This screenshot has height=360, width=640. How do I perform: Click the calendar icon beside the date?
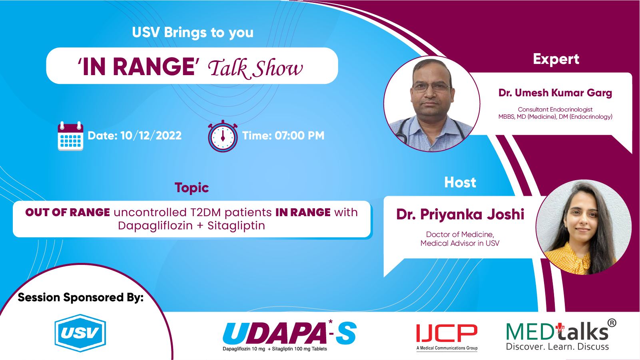tap(70, 136)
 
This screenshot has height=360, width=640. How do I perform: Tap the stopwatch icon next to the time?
tap(223, 137)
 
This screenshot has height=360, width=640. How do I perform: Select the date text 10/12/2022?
tap(151, 136)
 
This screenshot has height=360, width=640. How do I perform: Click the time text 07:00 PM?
tap(299, 136)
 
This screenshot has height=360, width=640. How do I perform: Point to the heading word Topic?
tap(192, 188)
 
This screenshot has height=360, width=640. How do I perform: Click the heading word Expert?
tap(556, 60)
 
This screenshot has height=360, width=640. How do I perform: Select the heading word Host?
tap(460, 183)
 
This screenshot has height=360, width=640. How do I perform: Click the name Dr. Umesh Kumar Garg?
tap(555, 93)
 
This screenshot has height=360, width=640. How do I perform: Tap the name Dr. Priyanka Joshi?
tap(460, 215)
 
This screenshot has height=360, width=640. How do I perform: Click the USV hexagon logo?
tap(80, 333)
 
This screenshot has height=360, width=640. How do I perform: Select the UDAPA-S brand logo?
tap(289, 334)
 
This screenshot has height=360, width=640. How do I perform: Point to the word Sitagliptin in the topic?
tap(236, 226)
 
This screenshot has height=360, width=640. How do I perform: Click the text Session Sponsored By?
tap(80, 297)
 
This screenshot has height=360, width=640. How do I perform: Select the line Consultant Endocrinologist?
tap(555, 109)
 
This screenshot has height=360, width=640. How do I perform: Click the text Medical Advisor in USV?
tap(460, 243)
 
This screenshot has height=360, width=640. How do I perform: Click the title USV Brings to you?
tap(193, 32)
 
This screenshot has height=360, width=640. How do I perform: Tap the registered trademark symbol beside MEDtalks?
tap(612, 323)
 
